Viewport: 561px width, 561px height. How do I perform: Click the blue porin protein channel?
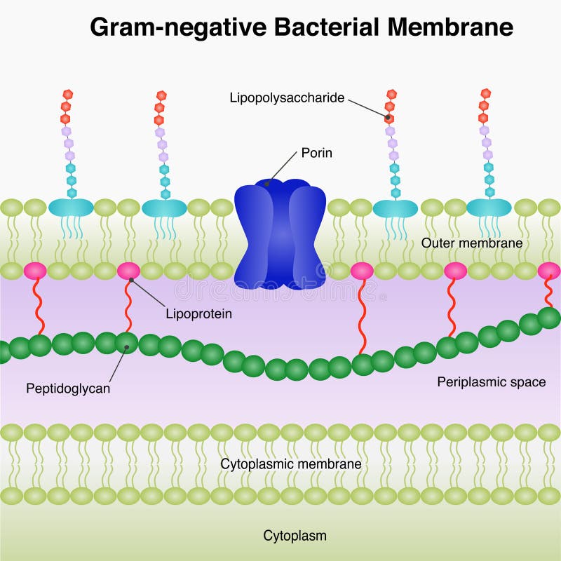pos(280,235)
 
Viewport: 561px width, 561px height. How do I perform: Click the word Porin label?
pos(316,152)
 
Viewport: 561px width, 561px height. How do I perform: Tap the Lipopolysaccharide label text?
pos(287,97)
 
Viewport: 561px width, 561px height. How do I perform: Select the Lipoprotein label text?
pos(199,314)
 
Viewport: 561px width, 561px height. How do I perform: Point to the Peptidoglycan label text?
pos(68,388)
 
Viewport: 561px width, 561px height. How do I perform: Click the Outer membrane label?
pos(472,243)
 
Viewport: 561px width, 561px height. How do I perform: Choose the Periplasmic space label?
pos(491,382)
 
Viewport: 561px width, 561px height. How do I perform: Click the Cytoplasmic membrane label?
pos(291,464)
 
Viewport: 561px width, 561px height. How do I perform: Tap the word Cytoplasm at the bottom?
pos(295,536)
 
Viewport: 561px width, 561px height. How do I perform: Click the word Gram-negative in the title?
pos(175,27)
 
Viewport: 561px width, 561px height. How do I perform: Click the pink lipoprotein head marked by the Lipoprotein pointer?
pos(129,271)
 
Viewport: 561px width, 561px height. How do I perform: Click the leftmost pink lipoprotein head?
pos(35,271)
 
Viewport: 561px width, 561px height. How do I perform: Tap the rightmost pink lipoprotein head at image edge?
pos(549,271)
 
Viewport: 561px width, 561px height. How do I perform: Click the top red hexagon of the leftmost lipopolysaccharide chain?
pos(67,93)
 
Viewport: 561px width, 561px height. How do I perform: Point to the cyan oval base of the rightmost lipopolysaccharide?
pos(489,208)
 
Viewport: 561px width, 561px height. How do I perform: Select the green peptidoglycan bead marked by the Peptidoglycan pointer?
pos(127,342)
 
